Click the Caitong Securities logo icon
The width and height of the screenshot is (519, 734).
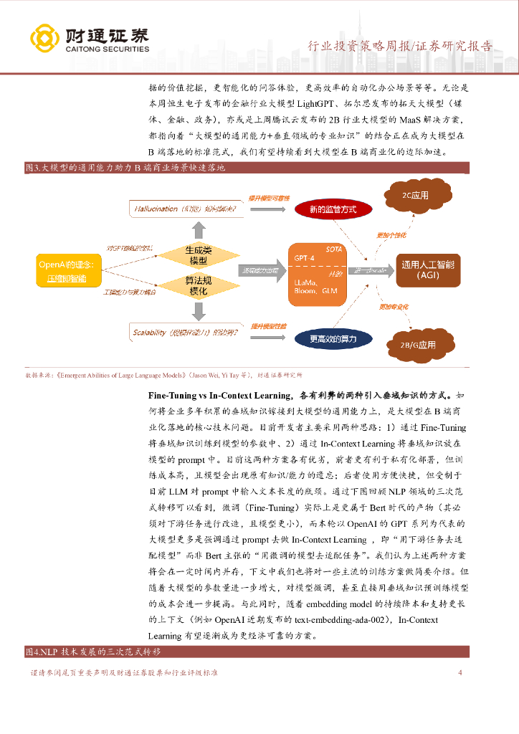pyautogui.click(x=45, y=39)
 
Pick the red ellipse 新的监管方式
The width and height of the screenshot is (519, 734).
pyautogui.click(x=333, y=209)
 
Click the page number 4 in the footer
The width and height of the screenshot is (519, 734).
pyautogui.click(x=460, y=672)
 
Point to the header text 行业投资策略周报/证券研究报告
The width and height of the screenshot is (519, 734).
pyautogui.click(x=400, y=47)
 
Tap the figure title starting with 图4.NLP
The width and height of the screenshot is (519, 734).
pyautogui.click(x=93, y=652)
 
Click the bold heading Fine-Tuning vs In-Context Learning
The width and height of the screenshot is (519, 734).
pyautogui.click(x=220, y=395)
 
